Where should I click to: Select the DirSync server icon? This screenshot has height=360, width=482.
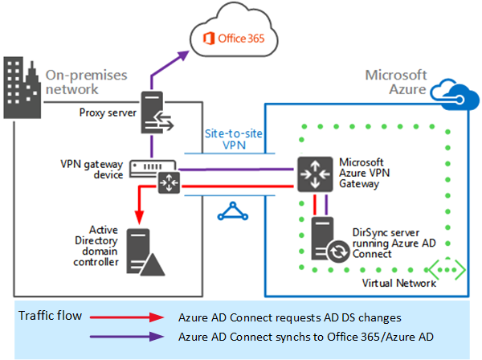click(324, 238)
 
